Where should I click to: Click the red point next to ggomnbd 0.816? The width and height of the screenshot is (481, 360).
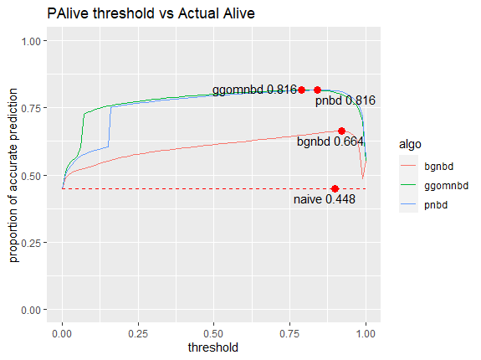click(x=302, y=90)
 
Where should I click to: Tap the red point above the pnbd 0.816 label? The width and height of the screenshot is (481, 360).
click(x=318, y=90)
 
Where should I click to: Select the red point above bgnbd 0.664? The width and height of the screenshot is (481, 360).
click(x=341, y=131)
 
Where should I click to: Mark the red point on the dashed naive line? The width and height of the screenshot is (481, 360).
click(x=335, y=188)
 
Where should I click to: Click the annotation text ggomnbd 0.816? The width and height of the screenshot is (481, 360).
click(x=254, y=90)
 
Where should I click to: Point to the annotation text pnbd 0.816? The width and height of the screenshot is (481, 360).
click(x=345, y=100)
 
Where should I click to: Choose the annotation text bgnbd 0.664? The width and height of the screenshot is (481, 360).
click(x=330, y=141)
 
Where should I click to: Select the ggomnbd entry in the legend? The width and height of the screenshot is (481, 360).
click(x=445, y=185)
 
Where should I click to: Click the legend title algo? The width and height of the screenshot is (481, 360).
click(x=410, y=144)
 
